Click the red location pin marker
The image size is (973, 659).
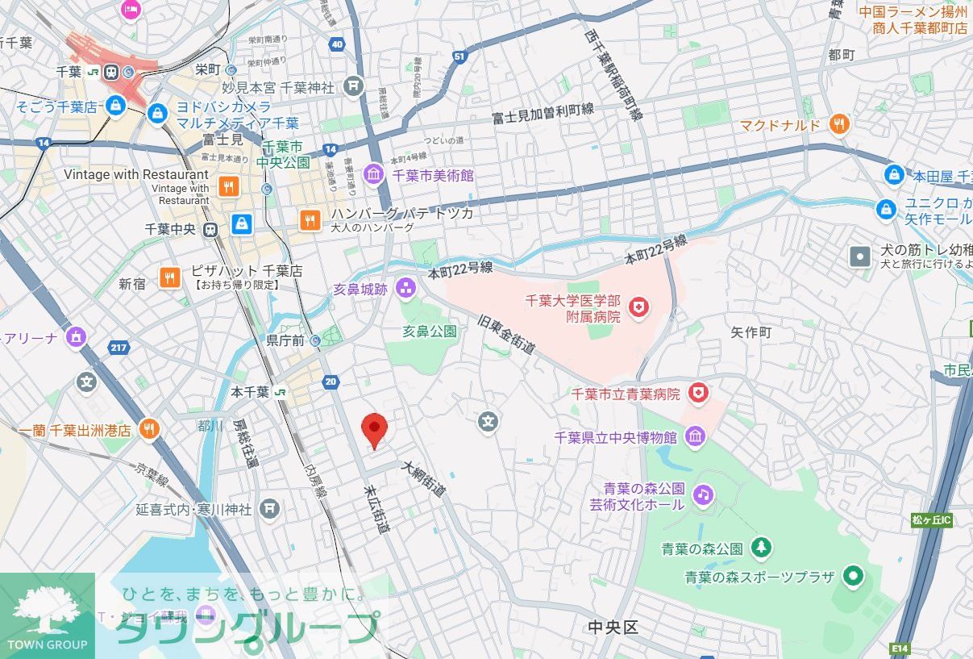point(373,429)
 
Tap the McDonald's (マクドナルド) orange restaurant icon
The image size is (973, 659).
point(839,124)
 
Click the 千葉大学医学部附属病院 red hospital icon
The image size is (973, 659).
point(640,307)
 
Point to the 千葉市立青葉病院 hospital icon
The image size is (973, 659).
point(698,394)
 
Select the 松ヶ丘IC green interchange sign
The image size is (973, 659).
point(932,520)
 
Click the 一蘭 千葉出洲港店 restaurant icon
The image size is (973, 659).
point(148,430)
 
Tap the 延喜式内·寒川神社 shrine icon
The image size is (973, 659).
point(270,509)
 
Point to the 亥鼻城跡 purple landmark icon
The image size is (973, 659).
point(405,288)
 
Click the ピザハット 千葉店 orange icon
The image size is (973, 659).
point(170,277)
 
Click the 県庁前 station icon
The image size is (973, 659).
point(315,341)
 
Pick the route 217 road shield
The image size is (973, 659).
point(119,348)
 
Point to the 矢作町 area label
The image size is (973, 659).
point(751,332)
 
